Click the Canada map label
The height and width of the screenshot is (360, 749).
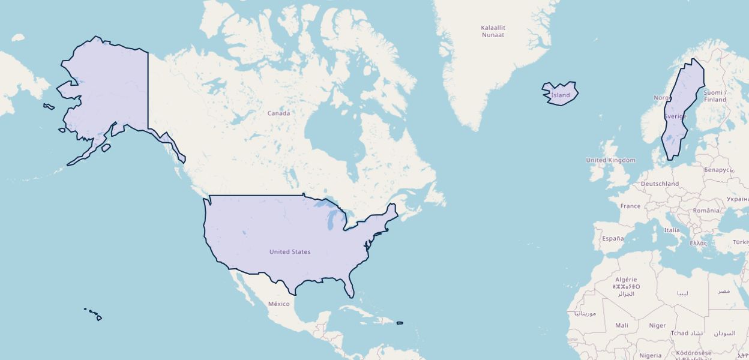(278, 113)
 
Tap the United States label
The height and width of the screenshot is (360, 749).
(290, 252)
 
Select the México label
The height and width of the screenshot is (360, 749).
(278, 304)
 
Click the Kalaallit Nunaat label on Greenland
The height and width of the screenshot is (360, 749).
(493, 31)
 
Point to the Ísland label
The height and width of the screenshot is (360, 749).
(561, 95)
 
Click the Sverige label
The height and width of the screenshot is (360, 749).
(675, 116)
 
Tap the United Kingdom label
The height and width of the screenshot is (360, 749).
(610, 160)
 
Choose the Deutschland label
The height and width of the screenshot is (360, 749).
(660, 184)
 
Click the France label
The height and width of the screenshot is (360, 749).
(630, 206)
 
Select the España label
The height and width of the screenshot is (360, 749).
(613, 238)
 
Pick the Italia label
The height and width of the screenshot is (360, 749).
(672, 230)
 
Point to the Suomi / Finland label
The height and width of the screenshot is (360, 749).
(715, 96)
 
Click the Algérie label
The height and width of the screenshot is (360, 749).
(625, 280)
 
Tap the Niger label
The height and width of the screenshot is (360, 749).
(657, 326)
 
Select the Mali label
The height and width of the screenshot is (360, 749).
(622, 325)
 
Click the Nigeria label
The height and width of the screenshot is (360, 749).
(650, 355)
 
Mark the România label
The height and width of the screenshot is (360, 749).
(705, 211)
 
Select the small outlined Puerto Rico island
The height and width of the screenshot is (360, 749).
(400, 323)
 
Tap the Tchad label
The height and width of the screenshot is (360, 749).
(679, 333)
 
